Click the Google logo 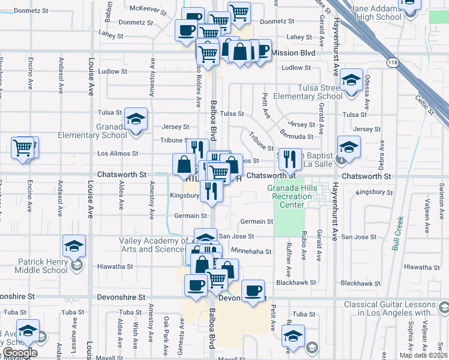pos(20,353)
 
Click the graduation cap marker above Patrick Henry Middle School pos(74,245)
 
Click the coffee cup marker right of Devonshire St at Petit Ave pos(253,291)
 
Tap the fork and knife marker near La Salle pos(290,158)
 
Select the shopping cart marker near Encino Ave pos(23,146)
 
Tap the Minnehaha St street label pos(251,251)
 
